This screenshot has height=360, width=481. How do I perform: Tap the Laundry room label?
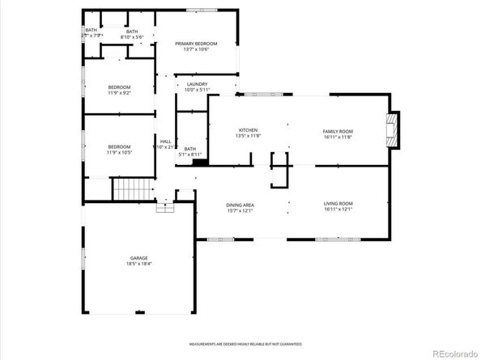pyautogui.click(x=197, y=84)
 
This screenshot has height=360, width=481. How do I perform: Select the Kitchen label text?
pyautogui.click(x=248, y=130)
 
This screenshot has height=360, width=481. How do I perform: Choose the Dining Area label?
pyautogui.click(x=240, y=204)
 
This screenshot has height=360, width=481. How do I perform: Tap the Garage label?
pyautogui.click(x=139, y=258)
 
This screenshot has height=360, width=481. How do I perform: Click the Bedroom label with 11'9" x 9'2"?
pyautogui.click(x=119, y=87)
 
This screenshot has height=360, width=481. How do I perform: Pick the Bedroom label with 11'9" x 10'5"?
pyautogui.click(x=119, y=146)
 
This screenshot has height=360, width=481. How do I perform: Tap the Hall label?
pyautogui.click(x=165, y=142)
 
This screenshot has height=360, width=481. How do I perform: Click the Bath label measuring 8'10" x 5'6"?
pyautogui.click(x=131, y=32)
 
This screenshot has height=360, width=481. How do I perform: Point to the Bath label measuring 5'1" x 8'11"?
pyautogui.click(x=190, y=149)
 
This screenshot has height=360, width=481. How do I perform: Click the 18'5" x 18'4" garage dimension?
pyautogui.click(x=139, y=264)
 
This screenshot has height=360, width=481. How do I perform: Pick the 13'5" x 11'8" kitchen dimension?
pyautogui.click(x=248, y=136)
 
